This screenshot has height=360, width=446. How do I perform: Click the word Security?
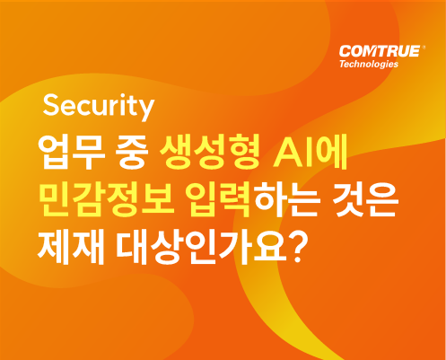(99, 107)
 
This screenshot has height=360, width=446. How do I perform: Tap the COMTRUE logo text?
(380, 51)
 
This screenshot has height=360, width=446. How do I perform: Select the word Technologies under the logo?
(369, 65)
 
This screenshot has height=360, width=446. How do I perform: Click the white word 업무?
(72, 153)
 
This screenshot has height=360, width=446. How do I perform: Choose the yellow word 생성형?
(209, 153)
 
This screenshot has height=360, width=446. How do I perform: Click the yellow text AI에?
(310, 152)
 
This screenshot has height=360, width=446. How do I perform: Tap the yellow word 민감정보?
(106, 199)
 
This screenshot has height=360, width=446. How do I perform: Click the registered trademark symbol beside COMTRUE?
(423, 47)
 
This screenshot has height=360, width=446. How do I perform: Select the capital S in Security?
(52, 105)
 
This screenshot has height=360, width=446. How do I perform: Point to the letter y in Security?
(145, 110)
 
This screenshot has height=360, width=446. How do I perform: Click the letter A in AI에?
(287, 153)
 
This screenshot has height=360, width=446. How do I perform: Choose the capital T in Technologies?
(343, 64)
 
